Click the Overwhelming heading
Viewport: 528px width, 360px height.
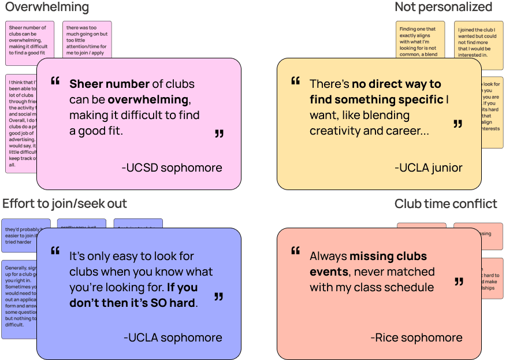tap(47, 8)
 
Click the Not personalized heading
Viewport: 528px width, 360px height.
tap(443, 7)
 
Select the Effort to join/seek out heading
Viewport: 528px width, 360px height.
tap(65, 203)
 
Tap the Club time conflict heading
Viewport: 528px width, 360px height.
tap(445, 203)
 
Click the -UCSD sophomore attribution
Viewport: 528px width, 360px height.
tap(172, 168)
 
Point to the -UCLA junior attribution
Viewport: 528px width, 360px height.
tap(428, 168)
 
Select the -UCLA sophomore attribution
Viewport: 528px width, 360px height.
tap(172, 337)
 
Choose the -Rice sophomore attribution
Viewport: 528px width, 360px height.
tap(416, 337)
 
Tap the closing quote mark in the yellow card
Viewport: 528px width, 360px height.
tap(458, 124)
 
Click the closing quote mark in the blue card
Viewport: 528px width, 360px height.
tap(218, 296)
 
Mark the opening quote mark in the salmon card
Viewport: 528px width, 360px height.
tap(295, 251)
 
